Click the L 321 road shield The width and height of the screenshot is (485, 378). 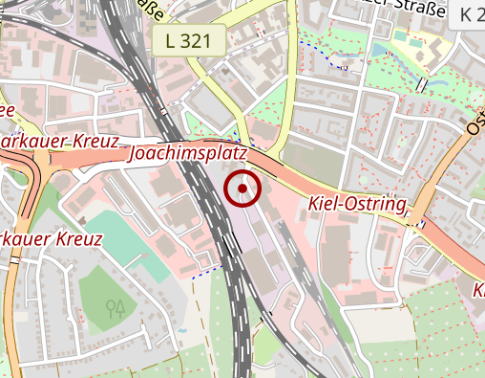pyautogui.click(x=188, y=40)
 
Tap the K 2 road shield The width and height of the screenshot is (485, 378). pyautogui.click(x=470, y=14)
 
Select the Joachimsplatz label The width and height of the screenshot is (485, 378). pyautogui.click(x=188, y=153)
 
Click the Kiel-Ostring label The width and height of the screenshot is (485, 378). pyautogui.click(x=357, y=204)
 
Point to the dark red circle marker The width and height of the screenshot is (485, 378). pyautogui.click(x=243, y=189)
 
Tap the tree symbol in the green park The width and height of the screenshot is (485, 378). pyautogui.click(x=116, y=307)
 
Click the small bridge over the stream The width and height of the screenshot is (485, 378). pyautogui.click(x=421, y=84)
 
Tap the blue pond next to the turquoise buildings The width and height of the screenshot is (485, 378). pyautogui.click(x=380, y=50)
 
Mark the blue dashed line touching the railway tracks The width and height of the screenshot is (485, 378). pyautogui.click(x=204, y=274)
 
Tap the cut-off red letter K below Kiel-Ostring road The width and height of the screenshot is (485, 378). pyautogui.click(x=479, y=289)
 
